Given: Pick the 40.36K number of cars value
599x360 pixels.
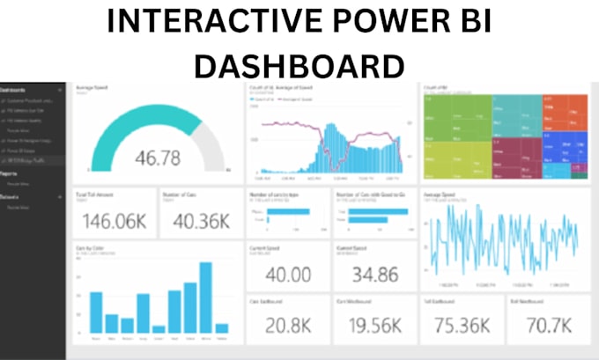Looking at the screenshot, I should [x=199, y=222].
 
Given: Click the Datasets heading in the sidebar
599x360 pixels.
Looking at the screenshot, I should [x=13, y=197].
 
